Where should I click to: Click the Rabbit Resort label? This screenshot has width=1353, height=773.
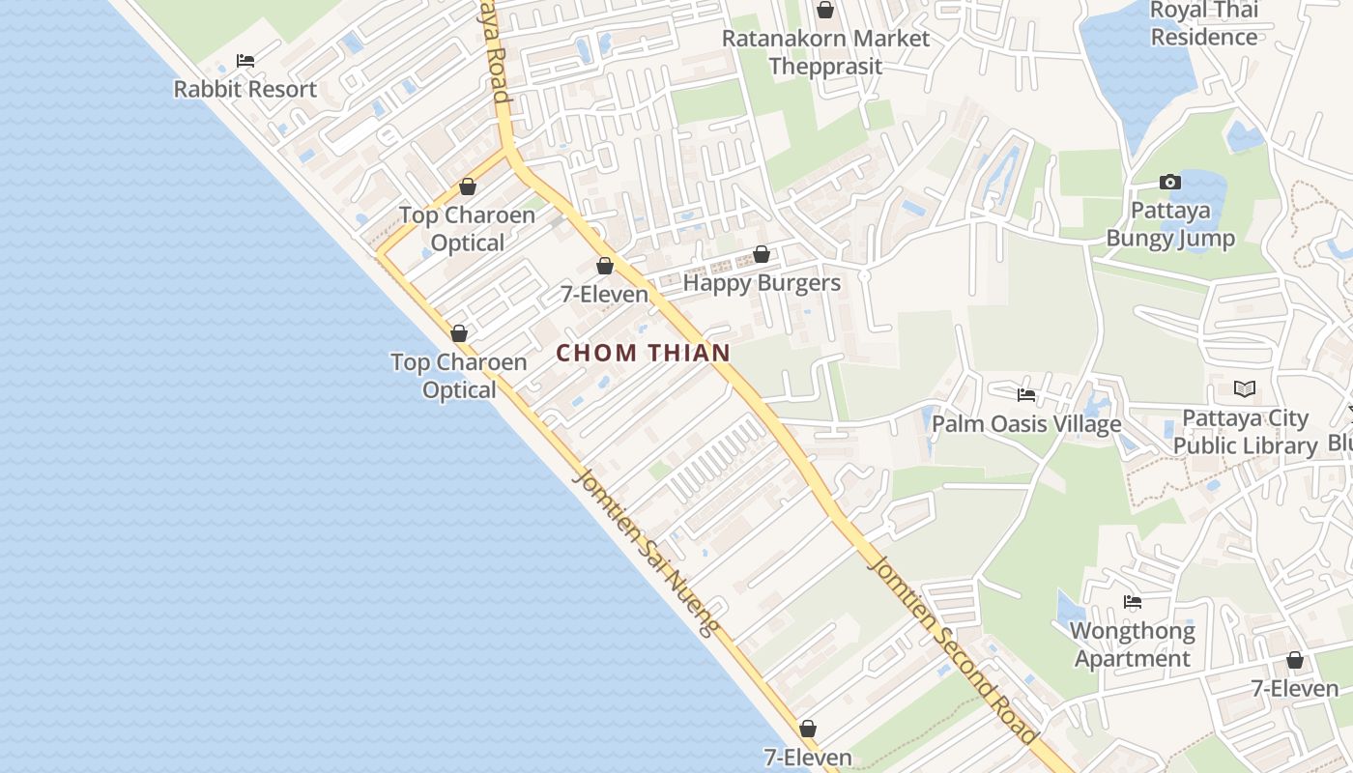click(x=245, y=89)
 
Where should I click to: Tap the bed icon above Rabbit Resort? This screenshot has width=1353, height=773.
click(x=245, y=61)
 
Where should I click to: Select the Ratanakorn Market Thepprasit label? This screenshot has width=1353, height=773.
click(x=825, y=52)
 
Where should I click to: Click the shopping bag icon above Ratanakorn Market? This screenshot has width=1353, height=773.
click(x=825, y=11)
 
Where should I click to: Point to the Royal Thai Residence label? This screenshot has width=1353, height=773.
click(x=1203, y=24)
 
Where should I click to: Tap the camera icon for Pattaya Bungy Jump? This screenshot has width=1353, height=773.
click(x=1169, y=182)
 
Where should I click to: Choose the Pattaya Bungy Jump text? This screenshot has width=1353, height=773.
click(x=1170, y=224)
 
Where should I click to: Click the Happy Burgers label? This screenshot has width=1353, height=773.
click(x=762, y=283)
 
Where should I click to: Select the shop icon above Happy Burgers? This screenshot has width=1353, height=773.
click(x=762, y=254)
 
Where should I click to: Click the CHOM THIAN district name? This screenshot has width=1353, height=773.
click(x=643, y=353)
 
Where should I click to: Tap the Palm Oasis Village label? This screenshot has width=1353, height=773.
click(x=1026, y=424)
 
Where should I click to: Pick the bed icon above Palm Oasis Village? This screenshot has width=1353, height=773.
click(x=1026, y=394)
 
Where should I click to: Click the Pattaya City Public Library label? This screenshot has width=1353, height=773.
click(x=1246, y=432)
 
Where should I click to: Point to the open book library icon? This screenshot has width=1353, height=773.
click(x=1245, y=389)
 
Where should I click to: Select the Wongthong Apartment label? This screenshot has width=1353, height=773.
click(x=1132, y=644)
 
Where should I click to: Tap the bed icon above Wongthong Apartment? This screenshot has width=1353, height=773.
click(x=1133, y=602)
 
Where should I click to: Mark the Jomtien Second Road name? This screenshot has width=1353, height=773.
click(x=952, y=647)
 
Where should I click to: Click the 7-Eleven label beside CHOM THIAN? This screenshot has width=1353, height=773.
click(x=604, y=294)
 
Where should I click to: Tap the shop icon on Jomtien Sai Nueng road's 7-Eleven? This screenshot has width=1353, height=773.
click(x=807, y=729)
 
